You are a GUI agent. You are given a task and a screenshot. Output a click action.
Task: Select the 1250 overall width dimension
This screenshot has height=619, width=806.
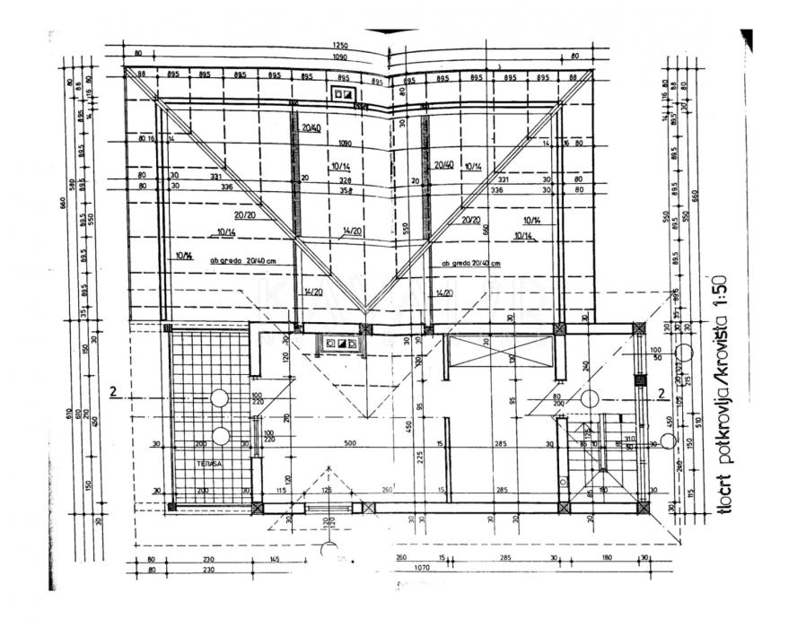[338, 45]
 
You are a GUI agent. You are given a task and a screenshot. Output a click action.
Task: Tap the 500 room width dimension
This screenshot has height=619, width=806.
[348, 443]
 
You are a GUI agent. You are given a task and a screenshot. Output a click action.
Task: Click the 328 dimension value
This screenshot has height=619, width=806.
[346, 179]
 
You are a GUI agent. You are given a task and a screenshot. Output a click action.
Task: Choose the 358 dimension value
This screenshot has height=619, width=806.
[346, 189]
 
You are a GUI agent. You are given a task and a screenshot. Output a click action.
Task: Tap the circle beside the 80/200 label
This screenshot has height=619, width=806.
[588, 397]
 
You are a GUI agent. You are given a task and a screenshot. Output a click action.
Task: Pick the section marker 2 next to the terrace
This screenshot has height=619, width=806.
[113, 391]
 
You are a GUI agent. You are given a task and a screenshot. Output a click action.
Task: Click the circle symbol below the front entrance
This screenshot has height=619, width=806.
[329, 549]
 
